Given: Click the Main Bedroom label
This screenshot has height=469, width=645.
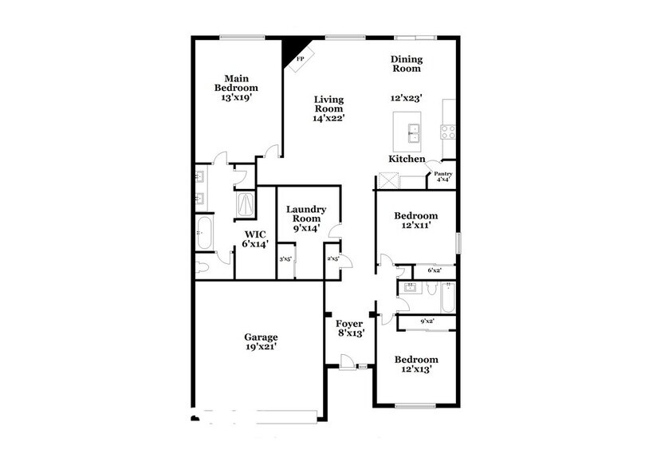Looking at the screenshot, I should click(x=236, y=83).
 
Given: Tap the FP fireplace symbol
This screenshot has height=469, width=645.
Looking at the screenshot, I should click(x=301, y=59).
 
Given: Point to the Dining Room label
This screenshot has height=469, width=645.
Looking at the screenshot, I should click(x=406, y=64).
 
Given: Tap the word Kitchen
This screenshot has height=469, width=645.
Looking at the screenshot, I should click(x=406, y=159).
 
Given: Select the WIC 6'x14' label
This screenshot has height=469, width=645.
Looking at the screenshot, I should click(x=256, y=238).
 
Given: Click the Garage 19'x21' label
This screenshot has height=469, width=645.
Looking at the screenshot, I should click(x=261, y=341).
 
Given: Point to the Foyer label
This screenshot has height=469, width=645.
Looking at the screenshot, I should click(x=348, y=328).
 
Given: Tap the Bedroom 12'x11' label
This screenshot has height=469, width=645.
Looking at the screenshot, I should click(x=416, y=221).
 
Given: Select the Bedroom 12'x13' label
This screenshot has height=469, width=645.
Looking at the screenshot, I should click(x=416, y=365).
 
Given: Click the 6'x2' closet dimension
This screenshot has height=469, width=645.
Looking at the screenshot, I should click(x=435, y=271).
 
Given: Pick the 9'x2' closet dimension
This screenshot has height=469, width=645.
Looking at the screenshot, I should click(x=427, y=321).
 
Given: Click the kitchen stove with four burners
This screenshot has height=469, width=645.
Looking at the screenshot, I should click(x=448, y=131).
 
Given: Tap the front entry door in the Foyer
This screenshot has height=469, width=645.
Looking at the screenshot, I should click(x=348, y=365).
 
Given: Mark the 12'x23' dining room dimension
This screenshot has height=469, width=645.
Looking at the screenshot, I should click(x=406, y=98).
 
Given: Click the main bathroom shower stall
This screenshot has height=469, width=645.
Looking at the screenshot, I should click(x=246, y=205).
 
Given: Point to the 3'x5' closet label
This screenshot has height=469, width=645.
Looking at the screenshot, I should click(x=285, y=258).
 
